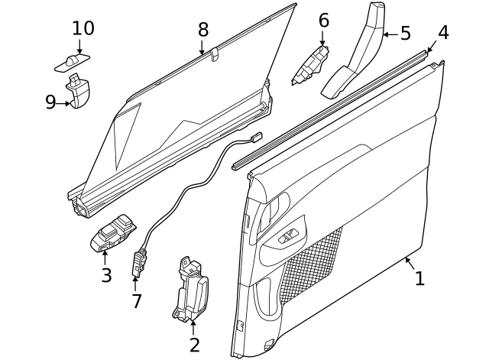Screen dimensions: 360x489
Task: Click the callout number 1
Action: [419, 279]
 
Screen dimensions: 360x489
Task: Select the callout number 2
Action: [194, 344]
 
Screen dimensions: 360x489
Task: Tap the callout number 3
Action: [106, 275]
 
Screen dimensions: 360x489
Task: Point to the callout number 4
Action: [443, 33]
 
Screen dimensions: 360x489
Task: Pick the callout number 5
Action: [405, 34]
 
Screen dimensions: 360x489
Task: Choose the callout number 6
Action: [323, 20]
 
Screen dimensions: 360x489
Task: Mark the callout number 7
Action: [137, 301]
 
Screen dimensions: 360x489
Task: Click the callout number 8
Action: [202, 30]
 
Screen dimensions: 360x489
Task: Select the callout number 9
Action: [50, 102]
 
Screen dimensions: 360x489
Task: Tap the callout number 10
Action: [83, 28]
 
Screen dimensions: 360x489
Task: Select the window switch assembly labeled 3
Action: [115, 233]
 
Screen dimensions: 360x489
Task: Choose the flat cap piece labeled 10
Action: [74, 61]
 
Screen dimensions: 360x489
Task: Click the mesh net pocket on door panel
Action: [313, 264]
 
